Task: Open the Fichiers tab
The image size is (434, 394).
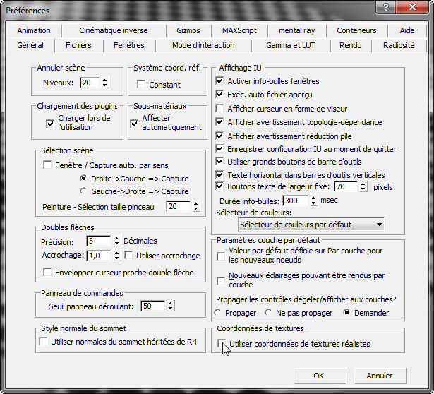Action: tap(78, 45)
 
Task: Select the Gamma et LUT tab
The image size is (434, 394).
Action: tap(290, 45)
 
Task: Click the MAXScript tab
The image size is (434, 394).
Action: tap(239, 30)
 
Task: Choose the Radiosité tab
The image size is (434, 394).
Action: tap(399, 45)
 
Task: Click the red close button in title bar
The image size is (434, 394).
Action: tap(412, 7)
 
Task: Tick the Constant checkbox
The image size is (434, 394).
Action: tap(141, 85)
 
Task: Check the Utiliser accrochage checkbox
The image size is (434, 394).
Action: tap(128, 256)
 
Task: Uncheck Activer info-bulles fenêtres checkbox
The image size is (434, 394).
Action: tap(219, 81)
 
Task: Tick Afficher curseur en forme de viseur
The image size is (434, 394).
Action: tap(219, 108)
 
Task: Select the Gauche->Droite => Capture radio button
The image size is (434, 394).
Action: tap(83, 191)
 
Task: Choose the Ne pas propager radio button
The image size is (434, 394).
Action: tap(268, 313)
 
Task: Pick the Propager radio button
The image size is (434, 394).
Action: tap(217, 313)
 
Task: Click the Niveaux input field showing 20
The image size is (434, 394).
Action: tap(90, 83)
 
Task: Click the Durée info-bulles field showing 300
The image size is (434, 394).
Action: tap(295, 201)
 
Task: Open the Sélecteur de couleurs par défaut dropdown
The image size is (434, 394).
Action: tap(311, 225)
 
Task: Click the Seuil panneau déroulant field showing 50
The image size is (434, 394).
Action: tap(153, 306)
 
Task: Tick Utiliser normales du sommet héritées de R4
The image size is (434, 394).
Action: tap(43, 341)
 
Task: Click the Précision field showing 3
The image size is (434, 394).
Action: tap(99, 241)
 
